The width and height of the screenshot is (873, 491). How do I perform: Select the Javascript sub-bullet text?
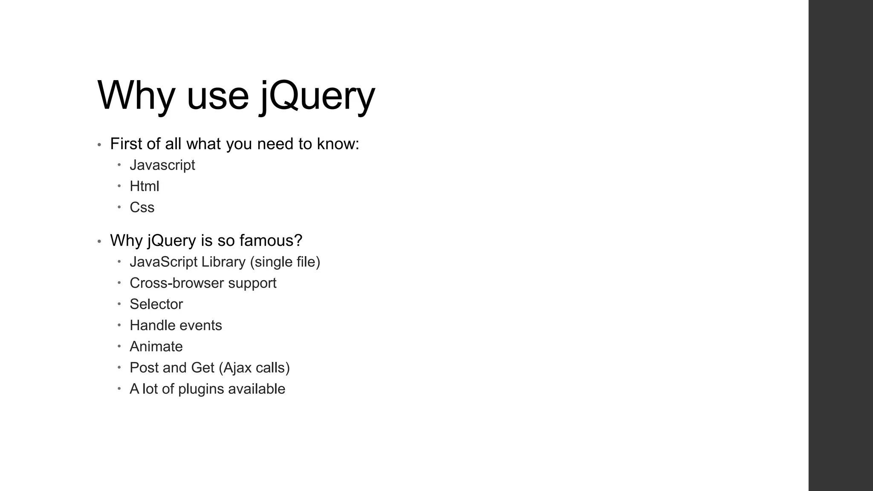coord(162,165)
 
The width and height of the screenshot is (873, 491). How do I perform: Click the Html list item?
coord(144,186)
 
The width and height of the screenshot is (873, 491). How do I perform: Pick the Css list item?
coord(142,208)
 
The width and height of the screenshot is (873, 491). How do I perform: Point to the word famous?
coord(271,240)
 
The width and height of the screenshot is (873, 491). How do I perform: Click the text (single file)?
coord(285,262)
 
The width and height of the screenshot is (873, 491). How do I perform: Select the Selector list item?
coord(156,304)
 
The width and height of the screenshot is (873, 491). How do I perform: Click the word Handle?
coord(150,326)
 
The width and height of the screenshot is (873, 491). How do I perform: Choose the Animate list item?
coord(156,347)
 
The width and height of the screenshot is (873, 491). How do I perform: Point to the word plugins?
coord(201,389)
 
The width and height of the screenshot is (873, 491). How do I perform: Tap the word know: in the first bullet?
coord(338,144)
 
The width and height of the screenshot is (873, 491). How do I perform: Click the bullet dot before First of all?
coord(99,145)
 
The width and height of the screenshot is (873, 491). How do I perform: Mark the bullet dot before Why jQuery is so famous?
coord(99,242)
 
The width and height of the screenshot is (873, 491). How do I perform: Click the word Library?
coord(223,262)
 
